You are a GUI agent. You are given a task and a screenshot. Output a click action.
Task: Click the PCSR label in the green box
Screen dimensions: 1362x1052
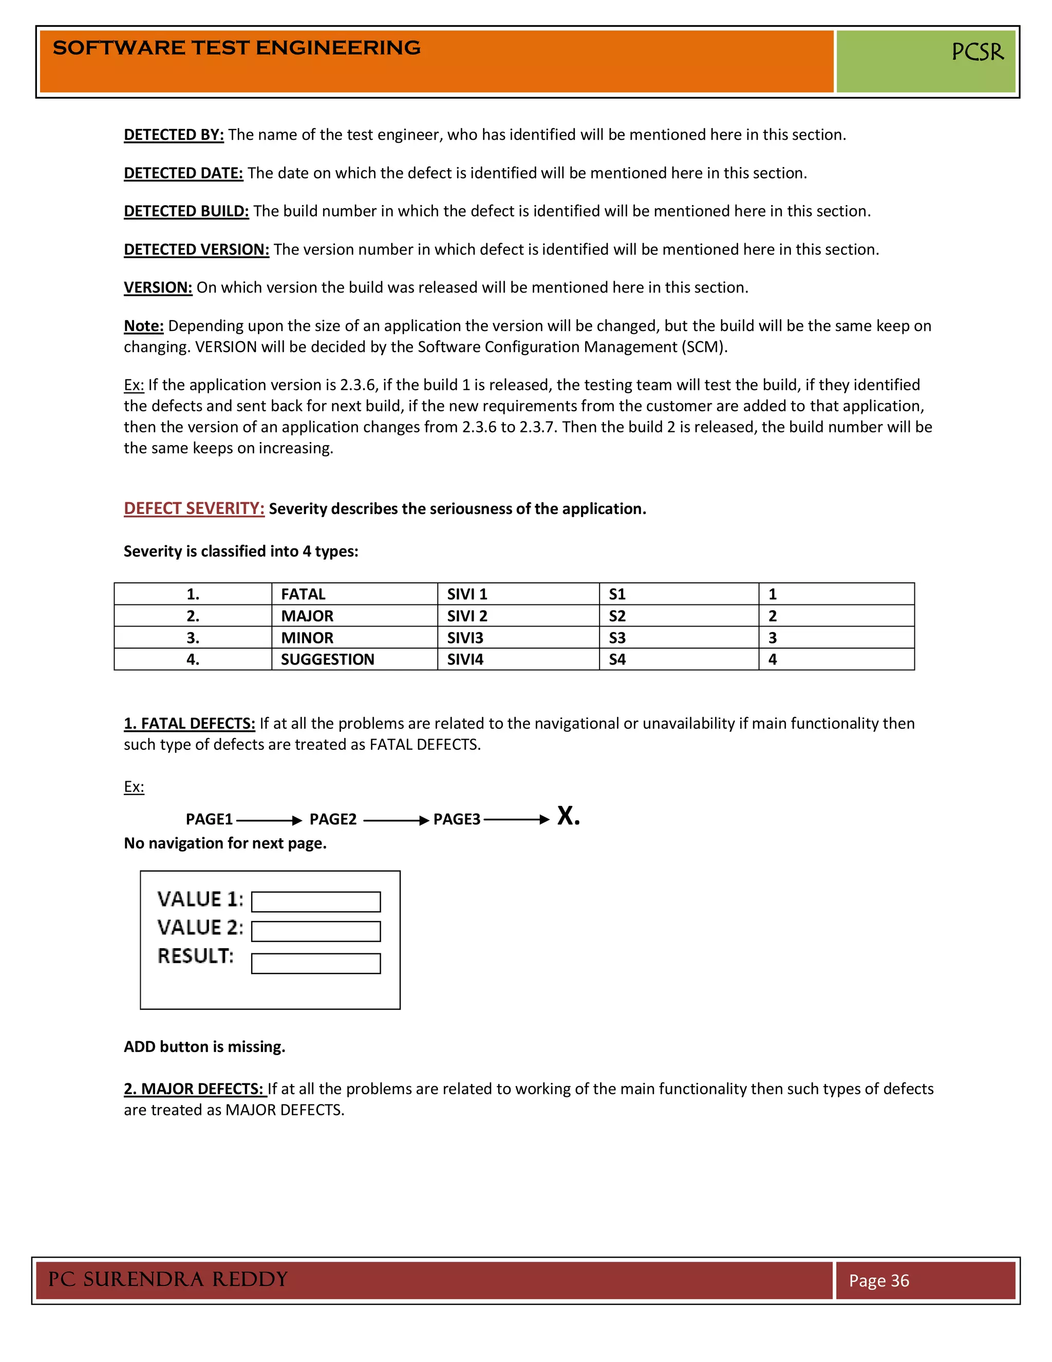click(x=977, y=52)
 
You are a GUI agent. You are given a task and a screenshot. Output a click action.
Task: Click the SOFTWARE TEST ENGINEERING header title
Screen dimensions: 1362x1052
click(x=237, y=48)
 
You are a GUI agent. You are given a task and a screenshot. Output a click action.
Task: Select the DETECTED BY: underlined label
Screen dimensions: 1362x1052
click(x=173, y=135)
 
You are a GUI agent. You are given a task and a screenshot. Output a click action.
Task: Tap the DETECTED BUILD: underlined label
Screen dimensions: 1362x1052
click(x=186, y=211)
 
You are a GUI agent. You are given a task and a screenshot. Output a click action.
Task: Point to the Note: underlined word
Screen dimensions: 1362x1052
click(x=143, y=326)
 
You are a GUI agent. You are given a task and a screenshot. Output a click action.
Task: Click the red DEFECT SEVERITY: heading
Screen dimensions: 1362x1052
click(x=194, y=509)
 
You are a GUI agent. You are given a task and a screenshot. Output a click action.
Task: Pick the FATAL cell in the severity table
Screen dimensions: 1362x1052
click(x=303, y=594)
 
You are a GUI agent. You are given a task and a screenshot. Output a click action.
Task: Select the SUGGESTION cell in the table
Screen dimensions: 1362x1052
click(x=327, y=660)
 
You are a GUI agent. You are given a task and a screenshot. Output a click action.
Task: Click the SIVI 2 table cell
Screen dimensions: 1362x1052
click(x=467, y=616)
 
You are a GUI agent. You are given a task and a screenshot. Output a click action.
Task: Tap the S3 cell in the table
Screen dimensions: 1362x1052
click(x=617, y=638)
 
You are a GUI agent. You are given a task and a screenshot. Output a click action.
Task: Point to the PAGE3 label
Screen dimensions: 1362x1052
click(x=457, y=819)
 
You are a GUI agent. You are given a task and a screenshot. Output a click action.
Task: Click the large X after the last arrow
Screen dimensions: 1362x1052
click(x=567, y=816)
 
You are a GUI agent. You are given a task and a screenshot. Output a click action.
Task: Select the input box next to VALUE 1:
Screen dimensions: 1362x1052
click(x=315, y=902)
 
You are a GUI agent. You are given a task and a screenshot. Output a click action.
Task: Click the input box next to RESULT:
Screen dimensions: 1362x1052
click(x=315, y=964)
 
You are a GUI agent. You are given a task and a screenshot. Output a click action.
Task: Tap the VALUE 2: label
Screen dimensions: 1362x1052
click(x=200, y=928)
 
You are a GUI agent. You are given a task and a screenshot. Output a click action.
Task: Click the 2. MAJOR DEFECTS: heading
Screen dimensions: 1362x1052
click(x=195, y=1090)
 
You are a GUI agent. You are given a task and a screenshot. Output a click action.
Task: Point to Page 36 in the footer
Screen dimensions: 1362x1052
click(x=879, y=1281)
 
